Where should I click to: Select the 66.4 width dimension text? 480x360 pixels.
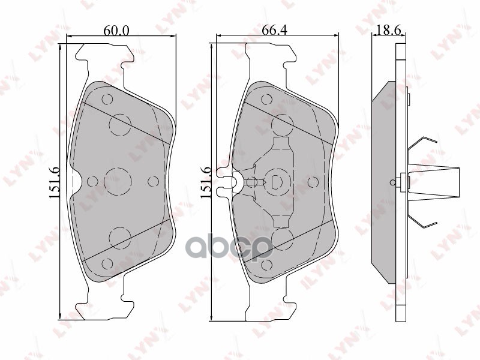pyautogui.click(x=274, y=30)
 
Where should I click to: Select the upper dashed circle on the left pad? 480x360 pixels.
pyautogui.click(x=119, y=125)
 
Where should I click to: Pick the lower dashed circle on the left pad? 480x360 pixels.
pyautogui.click(x=119, y=237)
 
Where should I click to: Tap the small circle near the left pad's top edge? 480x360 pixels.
pyautogui.click(x=107, y=100)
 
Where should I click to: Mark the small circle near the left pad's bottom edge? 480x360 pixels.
pyautogui.click(x=107, y=263)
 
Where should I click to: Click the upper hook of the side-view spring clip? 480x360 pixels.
pyautogui.click(x=423, y=143)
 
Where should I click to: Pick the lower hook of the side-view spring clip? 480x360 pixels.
pyautogui.click(x=423, y=222)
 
